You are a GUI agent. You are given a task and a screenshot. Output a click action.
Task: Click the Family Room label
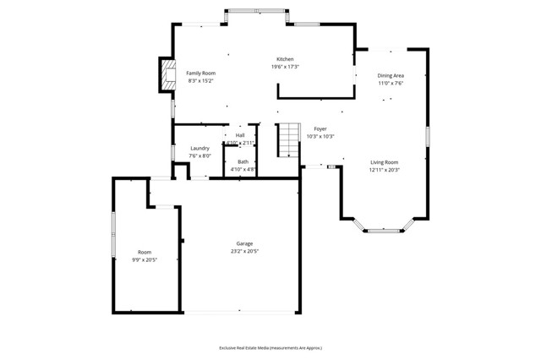(x=200, y=74)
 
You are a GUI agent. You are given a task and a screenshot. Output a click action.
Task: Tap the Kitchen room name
(x=285, y=59)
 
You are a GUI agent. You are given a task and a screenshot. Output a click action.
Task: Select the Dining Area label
(x=390, y=76)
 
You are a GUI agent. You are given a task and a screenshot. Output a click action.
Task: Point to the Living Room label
(x=383, y=162)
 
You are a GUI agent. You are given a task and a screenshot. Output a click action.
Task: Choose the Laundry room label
(x=199, y=149)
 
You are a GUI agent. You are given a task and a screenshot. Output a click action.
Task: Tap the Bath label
(x=243, y=162)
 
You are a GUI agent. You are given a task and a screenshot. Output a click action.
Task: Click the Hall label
(x=240, y=135)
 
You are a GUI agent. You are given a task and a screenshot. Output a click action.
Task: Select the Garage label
(x=244, y=244)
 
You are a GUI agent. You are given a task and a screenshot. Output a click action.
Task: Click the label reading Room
(x=145, y=253)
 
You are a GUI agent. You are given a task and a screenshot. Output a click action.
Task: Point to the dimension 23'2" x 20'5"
(x=244, y=252)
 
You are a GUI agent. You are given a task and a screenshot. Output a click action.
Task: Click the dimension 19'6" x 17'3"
(x=285, y=67)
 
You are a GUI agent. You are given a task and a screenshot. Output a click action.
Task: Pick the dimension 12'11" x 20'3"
(x=383, y=170)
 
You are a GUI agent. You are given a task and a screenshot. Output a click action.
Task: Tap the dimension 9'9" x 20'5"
(x=145, y=260)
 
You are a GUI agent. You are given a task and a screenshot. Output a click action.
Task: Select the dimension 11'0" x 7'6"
(x=390, y=84)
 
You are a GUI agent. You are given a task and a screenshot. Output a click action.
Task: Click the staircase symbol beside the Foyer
(x=290, y=139)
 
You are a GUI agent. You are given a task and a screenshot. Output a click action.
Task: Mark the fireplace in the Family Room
(x=167, y=74)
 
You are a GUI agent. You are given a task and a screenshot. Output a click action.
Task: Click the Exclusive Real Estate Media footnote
(x=270, y=347)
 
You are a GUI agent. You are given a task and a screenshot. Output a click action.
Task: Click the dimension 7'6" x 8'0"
(x=199, y=156)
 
